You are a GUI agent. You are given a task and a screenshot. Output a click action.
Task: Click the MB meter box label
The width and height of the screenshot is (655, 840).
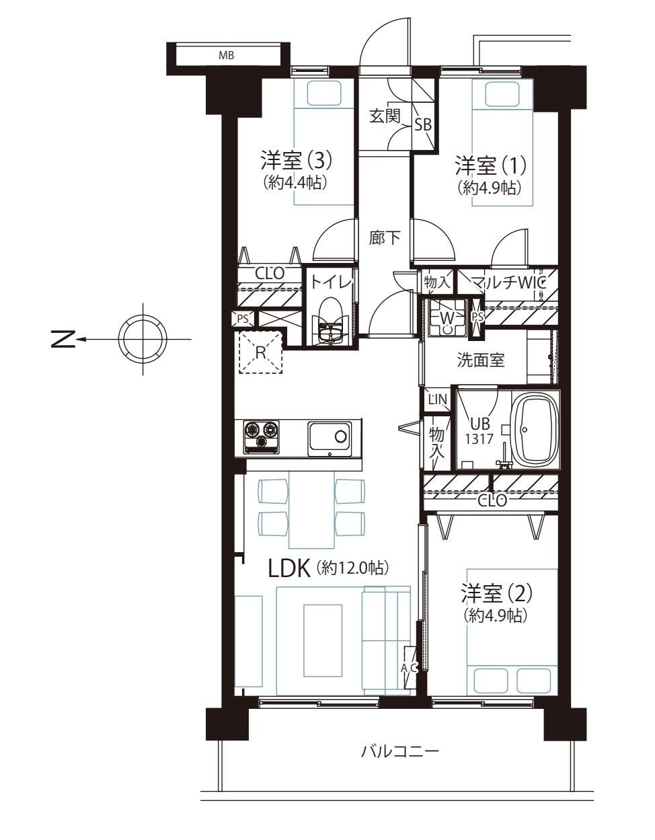pos(226,56)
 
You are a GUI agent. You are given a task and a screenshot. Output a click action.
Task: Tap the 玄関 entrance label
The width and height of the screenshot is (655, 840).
pos(385,116)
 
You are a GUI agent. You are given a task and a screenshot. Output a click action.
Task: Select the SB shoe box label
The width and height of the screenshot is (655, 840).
pos(423,124)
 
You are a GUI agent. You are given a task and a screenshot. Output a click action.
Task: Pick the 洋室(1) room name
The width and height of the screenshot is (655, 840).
pos(490,165)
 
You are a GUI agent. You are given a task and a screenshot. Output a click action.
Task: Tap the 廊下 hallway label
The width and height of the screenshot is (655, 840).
pos(385,237)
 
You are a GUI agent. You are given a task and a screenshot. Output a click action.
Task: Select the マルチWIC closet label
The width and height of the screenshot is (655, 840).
pos(508,283)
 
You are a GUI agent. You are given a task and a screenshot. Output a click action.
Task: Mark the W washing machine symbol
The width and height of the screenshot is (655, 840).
pos(447,317)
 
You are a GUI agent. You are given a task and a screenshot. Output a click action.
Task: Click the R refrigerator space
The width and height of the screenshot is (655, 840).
pos(261,351)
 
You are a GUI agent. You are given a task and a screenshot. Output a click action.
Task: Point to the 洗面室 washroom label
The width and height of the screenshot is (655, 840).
pos(481,360)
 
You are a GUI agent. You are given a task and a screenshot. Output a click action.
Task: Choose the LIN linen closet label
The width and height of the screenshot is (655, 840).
pos(437,399)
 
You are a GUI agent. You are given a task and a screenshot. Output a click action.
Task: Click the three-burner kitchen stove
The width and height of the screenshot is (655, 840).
pos(261,436)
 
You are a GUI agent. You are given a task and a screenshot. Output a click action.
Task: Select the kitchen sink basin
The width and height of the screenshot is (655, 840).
pos(330,438)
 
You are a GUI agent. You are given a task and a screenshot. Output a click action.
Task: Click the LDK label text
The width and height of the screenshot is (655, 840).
pos(289,569)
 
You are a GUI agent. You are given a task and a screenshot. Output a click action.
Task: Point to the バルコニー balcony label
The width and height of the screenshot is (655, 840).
pos(400,762)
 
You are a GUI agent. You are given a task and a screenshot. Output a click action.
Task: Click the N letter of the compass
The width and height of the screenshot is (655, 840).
pos(63,340)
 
